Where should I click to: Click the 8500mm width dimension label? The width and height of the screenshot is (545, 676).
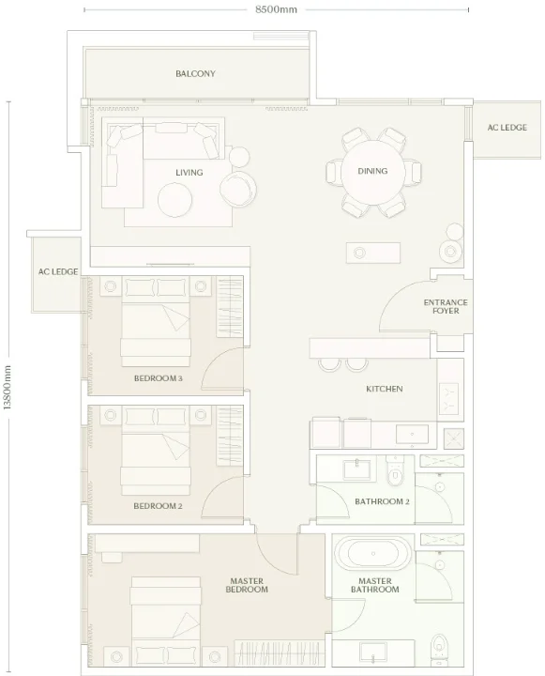276,9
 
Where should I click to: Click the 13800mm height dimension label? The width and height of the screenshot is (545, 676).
8,387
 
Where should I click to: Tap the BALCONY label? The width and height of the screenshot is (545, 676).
195,74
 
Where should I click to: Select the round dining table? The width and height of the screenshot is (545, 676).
372,172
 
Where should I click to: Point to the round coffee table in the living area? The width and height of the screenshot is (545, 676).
174,200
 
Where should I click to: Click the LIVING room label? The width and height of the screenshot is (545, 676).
189,173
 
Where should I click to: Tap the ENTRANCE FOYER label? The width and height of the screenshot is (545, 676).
446,306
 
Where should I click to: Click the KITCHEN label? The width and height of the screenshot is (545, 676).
385,389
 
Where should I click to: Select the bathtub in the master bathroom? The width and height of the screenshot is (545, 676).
373,554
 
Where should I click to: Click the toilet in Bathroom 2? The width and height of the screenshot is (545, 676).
394,470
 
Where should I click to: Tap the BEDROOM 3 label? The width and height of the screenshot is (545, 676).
159,378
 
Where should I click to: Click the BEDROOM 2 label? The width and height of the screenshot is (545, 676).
158,506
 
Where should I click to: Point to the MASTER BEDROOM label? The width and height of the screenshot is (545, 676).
247,585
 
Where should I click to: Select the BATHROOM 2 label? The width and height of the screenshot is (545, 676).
382,501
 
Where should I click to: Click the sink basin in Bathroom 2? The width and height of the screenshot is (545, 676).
356,469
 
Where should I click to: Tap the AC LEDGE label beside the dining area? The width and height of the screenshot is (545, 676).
507,128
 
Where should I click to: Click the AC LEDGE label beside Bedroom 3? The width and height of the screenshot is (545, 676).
58,271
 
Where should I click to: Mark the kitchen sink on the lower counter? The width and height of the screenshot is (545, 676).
413,434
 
